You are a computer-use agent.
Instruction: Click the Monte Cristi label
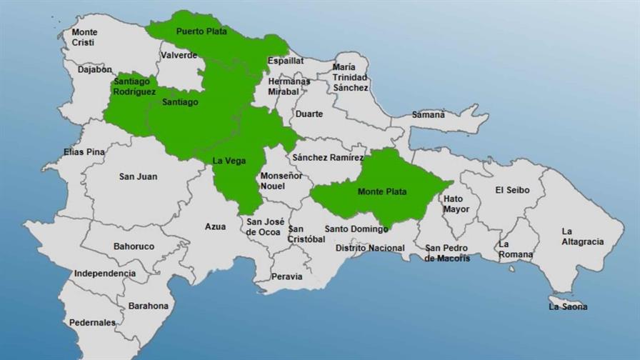click(84, 37)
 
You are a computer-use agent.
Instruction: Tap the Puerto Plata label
click(201, 31)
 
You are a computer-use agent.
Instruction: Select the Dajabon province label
click(95, 70)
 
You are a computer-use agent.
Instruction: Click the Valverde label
click(179, 55)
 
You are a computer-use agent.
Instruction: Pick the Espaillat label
click(285, 61)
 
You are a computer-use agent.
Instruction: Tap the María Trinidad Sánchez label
click(350, 77)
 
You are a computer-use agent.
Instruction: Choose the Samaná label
click(428, 114)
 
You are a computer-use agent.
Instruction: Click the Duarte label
click(309, 114)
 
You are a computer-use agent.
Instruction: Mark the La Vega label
click(229, 161)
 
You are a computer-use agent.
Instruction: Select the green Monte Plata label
click(382, 191)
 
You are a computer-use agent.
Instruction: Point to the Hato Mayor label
click(456, 204)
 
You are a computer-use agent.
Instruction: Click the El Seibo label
click(513, 190)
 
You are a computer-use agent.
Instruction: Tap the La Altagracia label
click(582, 236)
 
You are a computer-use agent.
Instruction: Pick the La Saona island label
click(568, 306)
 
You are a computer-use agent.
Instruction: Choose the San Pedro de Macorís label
click(447, 253)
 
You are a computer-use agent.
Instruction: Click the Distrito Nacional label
click(370, 249)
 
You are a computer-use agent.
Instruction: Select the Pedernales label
click(92, 323)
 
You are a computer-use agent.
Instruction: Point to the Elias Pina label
click(84, 151)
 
